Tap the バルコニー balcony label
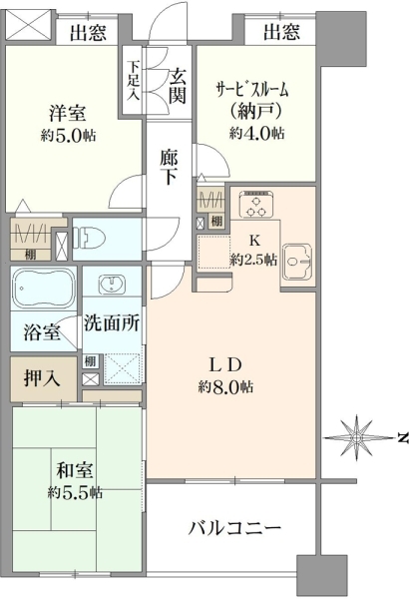coord(236,528)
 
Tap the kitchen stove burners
coord(255,206)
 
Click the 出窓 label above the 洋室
coord(90,33)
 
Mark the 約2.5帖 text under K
coord(255,259)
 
